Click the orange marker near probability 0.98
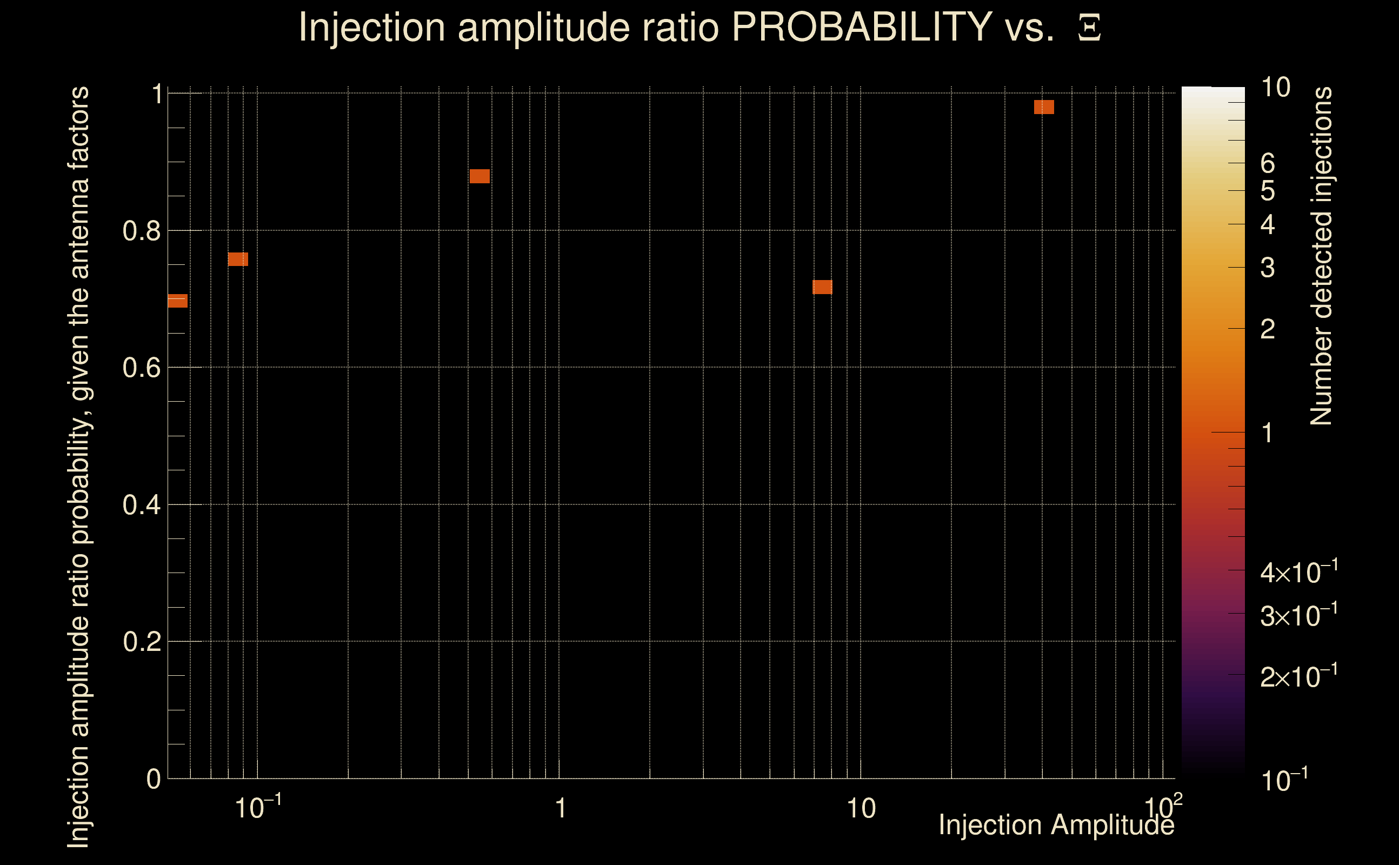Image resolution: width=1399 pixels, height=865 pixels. coord(1044,107)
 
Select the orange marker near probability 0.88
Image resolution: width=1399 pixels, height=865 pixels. coord(479,176)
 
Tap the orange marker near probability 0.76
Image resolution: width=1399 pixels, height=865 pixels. coord(238,259)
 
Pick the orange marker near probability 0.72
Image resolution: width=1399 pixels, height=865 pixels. coord(822,287)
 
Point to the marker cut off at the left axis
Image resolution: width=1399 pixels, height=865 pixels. coord(177,301)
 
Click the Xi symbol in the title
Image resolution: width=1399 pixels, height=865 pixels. coord(1089,28)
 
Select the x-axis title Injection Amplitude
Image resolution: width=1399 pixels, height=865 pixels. coord(1056,825)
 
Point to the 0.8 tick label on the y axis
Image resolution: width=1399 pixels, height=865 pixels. coord(141,231)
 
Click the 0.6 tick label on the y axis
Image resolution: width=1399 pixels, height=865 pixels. coord(141,367)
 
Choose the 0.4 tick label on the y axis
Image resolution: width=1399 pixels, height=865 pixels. coord(141,504)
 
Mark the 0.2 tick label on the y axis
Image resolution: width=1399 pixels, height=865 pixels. coord(141,641)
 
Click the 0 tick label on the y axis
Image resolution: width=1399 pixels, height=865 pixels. coord(154,779)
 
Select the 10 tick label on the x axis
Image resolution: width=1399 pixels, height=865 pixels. coord(861,809)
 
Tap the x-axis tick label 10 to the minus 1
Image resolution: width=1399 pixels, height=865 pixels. coord(258,808)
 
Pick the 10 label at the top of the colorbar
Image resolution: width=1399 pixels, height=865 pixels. coord(1275,88)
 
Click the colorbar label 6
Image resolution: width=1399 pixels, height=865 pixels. coord(1268,164)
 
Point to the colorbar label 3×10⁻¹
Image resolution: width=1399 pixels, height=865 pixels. coord(1299,615)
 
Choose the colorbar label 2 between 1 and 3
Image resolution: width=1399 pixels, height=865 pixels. coord(1268,329)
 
